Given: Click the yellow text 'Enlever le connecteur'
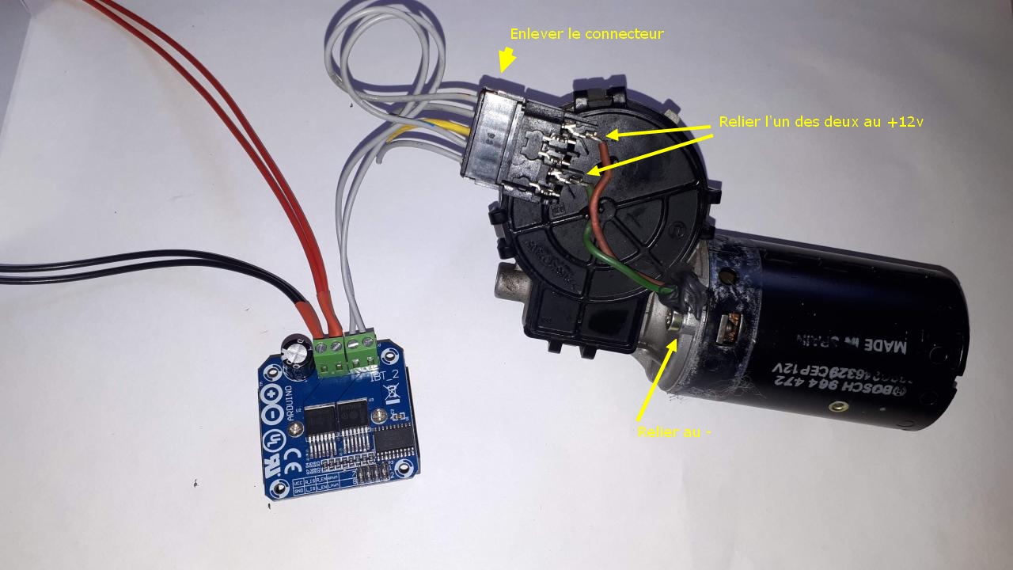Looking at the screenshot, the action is [x=586, y=34].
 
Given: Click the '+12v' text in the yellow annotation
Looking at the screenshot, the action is [x=906, y=122].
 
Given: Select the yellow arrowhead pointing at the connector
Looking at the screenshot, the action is [x=505, y=60].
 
